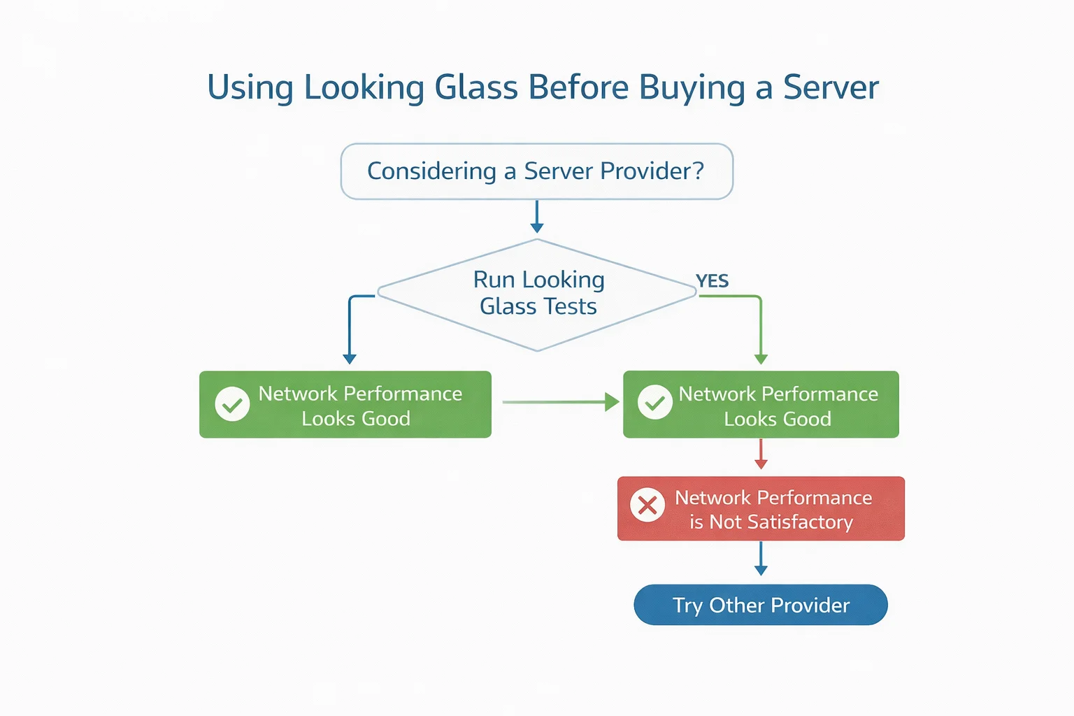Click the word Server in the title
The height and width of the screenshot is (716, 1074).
[830, 87]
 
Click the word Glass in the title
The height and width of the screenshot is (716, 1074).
[477, 87]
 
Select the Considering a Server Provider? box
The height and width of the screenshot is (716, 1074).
[536, 171]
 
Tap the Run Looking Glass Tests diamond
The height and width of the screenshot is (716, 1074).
[537, 294]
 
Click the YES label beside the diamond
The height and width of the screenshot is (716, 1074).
[712, 281]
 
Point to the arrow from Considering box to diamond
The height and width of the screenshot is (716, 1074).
[537, 217]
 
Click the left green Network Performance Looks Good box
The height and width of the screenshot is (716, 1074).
[345, 405]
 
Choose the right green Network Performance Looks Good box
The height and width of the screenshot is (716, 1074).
[761, 405]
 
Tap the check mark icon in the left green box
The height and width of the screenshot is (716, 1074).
[232, 404]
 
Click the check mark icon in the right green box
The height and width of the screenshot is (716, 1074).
[655, 403]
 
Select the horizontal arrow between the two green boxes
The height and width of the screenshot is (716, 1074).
[559, 402]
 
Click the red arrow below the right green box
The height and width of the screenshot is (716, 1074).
[761, 455]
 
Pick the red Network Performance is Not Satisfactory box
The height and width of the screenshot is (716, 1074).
[761, 509]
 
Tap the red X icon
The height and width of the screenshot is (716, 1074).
[647, 505]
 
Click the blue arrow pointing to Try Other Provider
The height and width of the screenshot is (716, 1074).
[761, 559]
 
